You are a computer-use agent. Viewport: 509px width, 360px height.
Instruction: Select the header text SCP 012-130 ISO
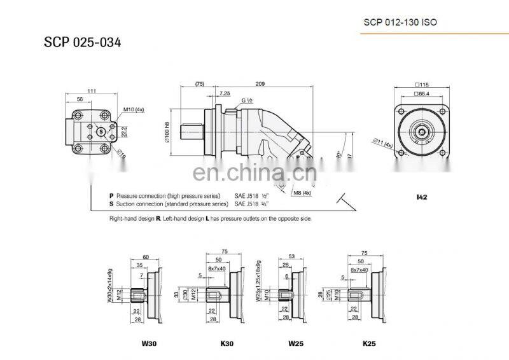(x=400, y=22)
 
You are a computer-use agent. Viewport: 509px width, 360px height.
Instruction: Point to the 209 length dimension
(x=260, y=83)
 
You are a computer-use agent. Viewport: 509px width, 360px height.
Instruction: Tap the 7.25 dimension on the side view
(x=224, y=93)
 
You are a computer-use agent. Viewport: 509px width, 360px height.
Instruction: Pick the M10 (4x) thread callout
(x=134, y=109)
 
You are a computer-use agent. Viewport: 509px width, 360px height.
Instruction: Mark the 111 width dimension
(x=92, y=92)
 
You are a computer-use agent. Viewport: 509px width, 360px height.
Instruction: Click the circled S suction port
(x=101, y=131)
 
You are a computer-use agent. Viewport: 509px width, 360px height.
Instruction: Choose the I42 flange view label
(x=421, y=198)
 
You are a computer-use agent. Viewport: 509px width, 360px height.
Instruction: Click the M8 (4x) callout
(x=302, y=192)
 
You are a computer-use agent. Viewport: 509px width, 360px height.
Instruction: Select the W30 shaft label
(x=149, y=344)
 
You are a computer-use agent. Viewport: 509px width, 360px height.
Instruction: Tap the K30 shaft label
(x=227, y=344)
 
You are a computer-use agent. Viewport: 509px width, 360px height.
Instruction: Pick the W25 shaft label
(x=295, y=344)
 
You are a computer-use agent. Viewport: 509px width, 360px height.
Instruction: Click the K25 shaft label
(x=369, y=344)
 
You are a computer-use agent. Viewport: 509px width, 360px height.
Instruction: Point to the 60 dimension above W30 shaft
(x=146, y=256)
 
